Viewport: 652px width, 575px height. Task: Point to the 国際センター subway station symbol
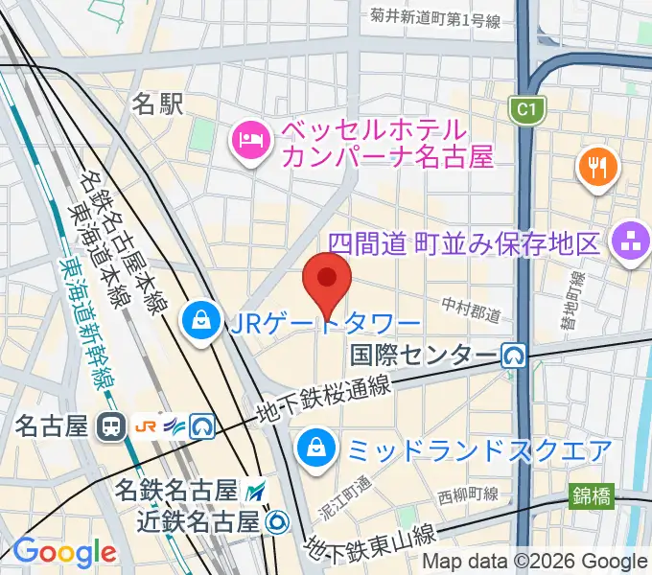click(516, 356)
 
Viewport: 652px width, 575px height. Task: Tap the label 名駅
click(157, 103)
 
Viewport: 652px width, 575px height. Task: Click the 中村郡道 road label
click(471, 309)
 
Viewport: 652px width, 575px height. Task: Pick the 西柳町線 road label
click(468, 494)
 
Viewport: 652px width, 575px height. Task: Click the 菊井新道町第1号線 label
click(436, 18)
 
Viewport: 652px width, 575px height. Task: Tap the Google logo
click(64, 552)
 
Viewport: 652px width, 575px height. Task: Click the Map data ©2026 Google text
click(535, 562)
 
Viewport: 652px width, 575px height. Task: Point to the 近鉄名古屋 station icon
click(277, 522)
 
